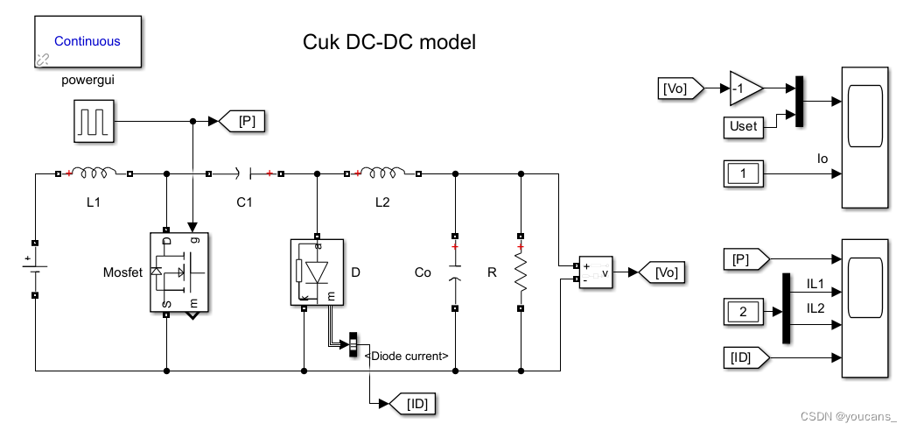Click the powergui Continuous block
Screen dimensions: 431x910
(x=87, y=41)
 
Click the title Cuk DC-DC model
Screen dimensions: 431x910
(x=389, y=42)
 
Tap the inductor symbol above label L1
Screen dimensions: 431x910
(x=94, y=173)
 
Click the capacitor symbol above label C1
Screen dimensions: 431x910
(x=244, y=173)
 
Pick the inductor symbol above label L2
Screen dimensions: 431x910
(x=381, y=173)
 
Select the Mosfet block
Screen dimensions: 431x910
(x=179, y=272)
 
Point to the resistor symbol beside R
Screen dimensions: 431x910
(x=521, y=272)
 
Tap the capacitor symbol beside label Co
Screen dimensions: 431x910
(x=454, y=272)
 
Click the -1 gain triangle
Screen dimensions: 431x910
(x=745, y=88)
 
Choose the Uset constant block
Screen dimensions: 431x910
(x=743, y=126)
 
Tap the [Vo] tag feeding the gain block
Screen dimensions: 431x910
(x=680, y=88)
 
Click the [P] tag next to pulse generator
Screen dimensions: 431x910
(x=247, y=121)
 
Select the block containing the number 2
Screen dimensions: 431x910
(x=743, y=310)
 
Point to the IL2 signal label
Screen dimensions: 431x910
(x=815, y=307)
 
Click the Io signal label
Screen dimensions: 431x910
(x=822, y=159)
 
